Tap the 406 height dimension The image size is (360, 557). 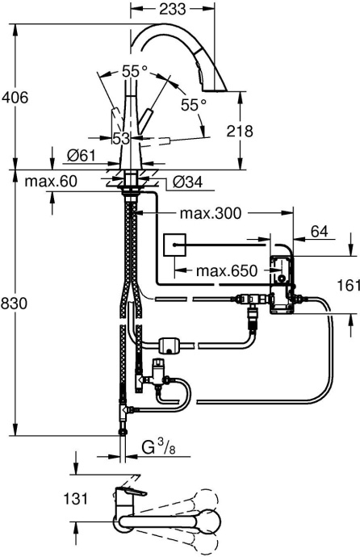(15, 98)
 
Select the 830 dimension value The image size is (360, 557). (15, 304)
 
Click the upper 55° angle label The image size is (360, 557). (135, 72)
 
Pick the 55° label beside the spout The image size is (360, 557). (193, 104)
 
